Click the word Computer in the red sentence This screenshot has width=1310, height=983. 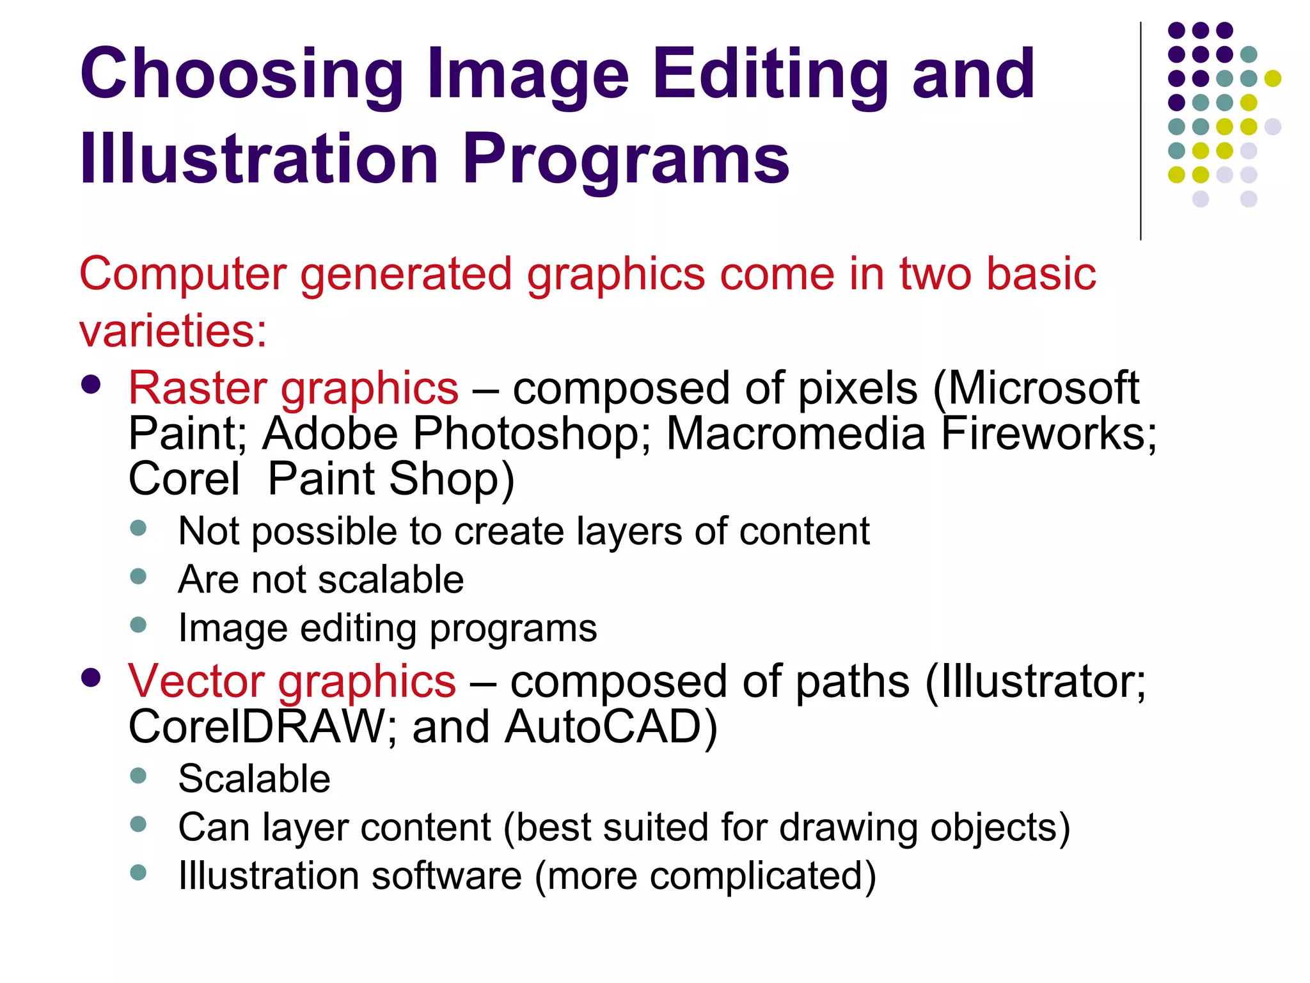tap(182, 274)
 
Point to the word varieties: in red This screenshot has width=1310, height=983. tap(173, 331)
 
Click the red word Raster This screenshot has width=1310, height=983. tap(198, 388)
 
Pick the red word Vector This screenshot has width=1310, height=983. tap(194, 680)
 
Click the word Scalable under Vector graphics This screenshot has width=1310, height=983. tap(254, 779)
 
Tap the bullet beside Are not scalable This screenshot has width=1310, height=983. tap(138, 577)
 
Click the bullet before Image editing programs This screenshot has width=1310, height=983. tap(138, 625)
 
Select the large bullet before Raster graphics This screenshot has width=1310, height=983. tap(91, 384)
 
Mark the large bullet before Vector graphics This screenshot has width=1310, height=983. tap(91, 678)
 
